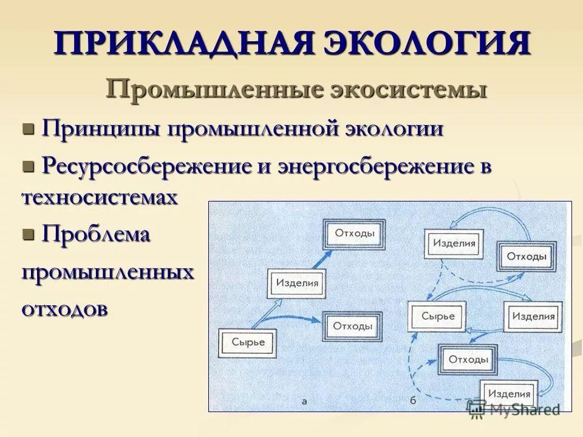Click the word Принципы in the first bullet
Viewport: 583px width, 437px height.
(101, 129)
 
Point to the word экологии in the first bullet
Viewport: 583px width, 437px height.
(395, 129)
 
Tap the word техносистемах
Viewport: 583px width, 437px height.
(100, 198)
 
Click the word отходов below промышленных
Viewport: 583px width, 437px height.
(65, 308)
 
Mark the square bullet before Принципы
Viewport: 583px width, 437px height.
(28, 129)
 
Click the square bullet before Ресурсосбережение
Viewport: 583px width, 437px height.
(28, 165)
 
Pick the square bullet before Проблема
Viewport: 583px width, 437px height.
(28, 233)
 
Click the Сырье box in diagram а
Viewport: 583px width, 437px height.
(248, 342)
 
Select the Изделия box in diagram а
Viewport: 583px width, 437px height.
(297, 283)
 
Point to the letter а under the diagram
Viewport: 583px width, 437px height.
(304, 401)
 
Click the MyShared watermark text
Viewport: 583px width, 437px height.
(525, 409)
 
